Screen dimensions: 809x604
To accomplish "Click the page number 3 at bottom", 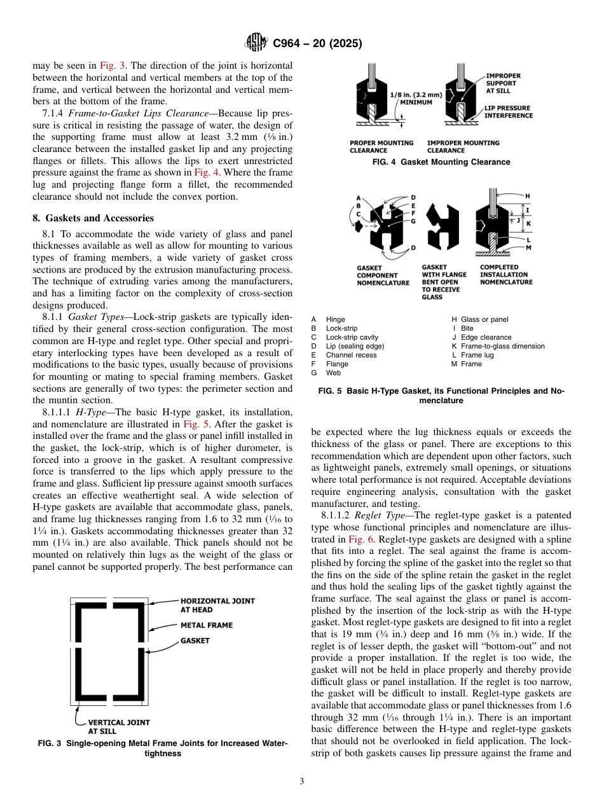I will (x=301, y=781).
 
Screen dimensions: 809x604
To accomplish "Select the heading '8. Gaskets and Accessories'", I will (x=93, y=218).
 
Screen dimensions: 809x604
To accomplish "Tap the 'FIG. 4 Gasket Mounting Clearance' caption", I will (x=441, y=162).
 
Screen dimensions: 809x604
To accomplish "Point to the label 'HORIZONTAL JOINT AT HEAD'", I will (x=217, y=605).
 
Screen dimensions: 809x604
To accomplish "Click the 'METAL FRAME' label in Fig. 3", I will (x=207, y=625).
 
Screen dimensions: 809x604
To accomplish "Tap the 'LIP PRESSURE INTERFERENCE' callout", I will (x=508, y=112).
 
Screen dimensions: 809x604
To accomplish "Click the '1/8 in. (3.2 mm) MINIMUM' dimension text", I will (x=411, y=98).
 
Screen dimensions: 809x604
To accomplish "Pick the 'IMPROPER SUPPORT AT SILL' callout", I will (x=502, y=83).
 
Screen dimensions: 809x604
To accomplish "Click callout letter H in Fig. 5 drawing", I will (x=528, y=195).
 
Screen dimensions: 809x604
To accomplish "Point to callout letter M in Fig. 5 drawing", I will (x=528, y=247).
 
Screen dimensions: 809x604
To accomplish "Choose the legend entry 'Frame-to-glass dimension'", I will (x=502, y=346).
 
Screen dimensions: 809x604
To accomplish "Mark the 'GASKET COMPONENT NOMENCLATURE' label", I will (x=383, y=275).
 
